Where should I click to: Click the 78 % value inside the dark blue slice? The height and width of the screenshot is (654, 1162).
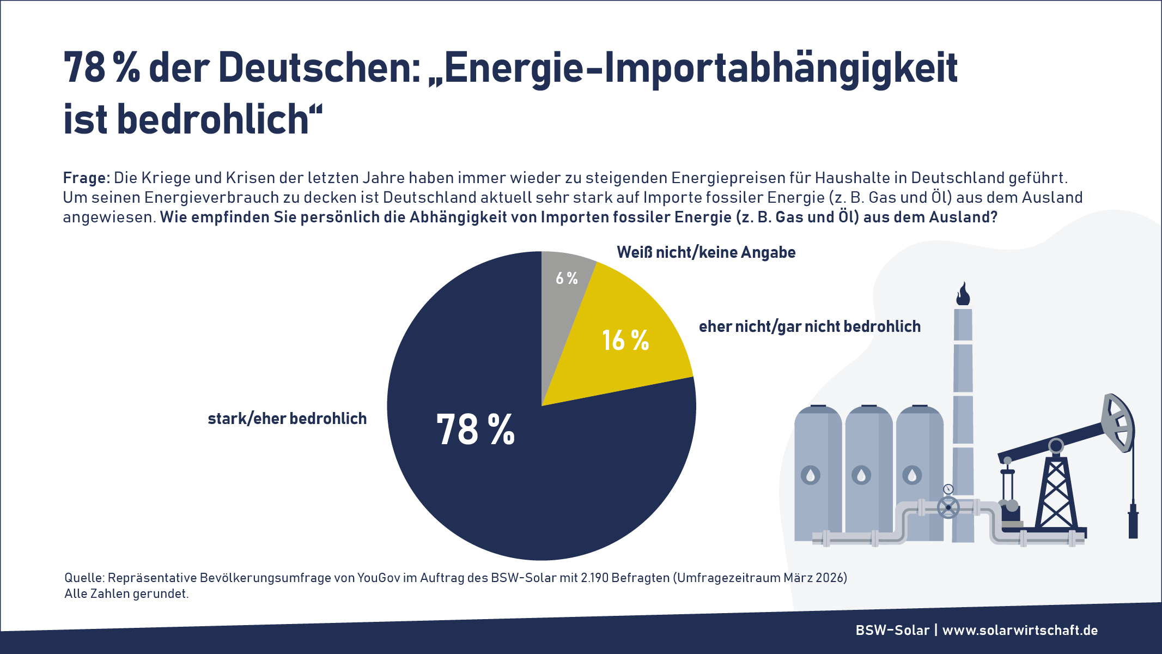(x=476, y=430)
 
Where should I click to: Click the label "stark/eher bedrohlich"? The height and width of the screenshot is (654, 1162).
(x=287, y=419)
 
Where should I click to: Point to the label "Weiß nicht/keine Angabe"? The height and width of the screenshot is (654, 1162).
(x=706, y=252)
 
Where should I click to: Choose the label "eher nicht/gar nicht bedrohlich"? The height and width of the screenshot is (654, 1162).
(x=810, y=326)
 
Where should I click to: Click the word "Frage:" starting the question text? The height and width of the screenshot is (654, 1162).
(x=87, y=178)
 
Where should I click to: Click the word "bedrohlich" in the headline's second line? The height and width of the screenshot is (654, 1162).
(x=213, y=119)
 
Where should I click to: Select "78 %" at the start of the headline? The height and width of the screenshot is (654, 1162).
(x=101, y=69)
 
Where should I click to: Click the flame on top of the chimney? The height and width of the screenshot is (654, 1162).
(x=963, y=294)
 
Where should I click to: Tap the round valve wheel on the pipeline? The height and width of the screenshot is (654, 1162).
(x=948, y=507)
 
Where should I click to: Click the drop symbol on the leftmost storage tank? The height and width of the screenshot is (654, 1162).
(x=811, y=475)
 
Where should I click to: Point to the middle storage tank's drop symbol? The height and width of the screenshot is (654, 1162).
(x=861, y=475)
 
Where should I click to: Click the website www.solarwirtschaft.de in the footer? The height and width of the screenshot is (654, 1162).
(x=1020, y=631)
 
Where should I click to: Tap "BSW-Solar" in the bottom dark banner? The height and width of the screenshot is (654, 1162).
(x=892, y=631)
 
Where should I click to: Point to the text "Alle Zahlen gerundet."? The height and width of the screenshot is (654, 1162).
(x=126, y=594)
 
